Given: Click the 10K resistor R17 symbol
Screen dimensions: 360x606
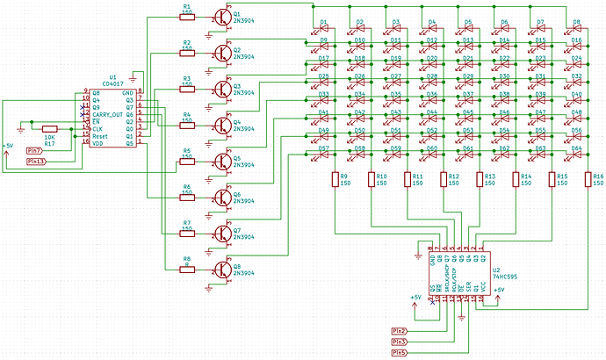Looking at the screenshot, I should (50, 128).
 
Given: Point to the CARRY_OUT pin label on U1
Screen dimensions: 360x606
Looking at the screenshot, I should (109, 114).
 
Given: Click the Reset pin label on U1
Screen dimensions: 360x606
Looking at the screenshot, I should (100, 136).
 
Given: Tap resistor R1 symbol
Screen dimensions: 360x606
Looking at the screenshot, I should (186, 14).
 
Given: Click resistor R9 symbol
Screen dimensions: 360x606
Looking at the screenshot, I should (335, 180).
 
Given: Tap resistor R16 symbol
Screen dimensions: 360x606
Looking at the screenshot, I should (588, 180).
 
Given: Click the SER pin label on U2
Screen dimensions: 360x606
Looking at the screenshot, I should (470, 287).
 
